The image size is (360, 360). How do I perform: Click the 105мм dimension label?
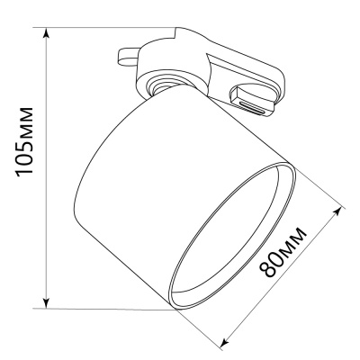24,141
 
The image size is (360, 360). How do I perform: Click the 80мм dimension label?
283,253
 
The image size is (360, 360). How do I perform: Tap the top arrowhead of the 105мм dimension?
46,32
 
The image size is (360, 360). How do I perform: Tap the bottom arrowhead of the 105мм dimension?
46,303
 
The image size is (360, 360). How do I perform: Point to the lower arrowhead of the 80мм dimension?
225,343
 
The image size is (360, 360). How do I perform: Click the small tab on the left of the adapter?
128,57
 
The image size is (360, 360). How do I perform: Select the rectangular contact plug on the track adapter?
251,101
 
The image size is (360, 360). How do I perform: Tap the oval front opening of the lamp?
233,236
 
